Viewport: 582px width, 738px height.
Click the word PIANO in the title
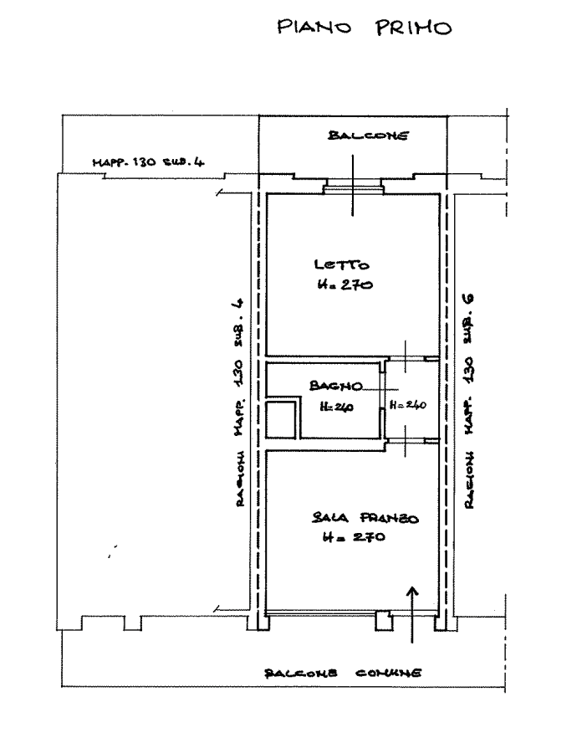click(314, 27)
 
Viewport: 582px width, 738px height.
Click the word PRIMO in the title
click(414, 28)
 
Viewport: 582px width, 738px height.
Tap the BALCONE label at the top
click(368, 136)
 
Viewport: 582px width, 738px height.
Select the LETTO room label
click(341, 264)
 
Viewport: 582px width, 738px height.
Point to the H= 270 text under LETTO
click(345, 284)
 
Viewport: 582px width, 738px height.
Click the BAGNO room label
click(336, 386)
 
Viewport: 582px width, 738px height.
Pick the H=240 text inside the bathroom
click(336, 406)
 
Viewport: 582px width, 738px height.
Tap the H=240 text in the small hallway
click(407, 405)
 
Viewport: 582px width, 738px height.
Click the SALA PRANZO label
click(365, 518)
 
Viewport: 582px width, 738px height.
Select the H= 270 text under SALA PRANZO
click(354, 537)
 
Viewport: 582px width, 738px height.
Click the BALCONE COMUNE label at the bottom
click(343, 673)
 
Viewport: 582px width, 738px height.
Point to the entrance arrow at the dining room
click(412, 615)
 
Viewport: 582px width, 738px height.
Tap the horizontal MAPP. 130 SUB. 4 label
click(148, 162)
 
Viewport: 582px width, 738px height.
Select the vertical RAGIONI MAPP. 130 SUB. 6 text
click(469, 401)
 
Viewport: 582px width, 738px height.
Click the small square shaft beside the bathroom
click(281, 419)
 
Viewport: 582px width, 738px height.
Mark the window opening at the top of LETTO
click(354, 189)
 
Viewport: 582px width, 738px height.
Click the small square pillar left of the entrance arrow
click(384, 621)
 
